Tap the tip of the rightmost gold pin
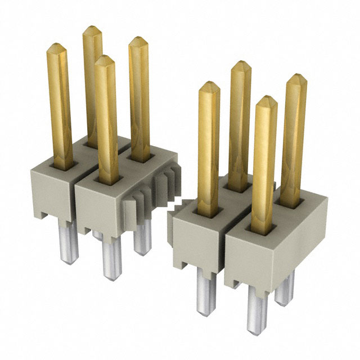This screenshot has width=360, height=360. (297, 77)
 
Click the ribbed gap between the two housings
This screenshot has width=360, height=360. (152, 194)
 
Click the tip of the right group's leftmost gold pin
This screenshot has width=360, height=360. (209, 85)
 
